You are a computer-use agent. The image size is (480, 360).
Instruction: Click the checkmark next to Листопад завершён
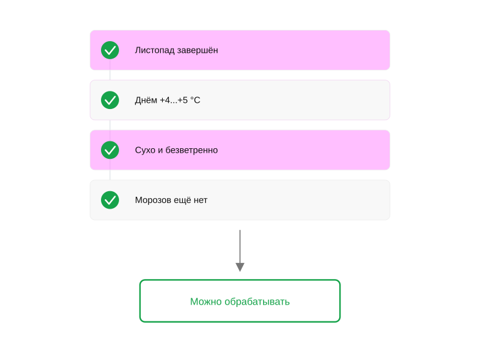coord(110,50)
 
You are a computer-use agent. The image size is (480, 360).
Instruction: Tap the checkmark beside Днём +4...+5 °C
coord(110,100)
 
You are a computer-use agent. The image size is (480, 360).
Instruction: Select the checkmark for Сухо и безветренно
coord(110,150)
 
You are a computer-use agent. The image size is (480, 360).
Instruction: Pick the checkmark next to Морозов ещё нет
coord(110,200)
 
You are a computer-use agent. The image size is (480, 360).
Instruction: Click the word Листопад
coord(155,50)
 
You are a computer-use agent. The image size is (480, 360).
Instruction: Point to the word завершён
coord(198,50)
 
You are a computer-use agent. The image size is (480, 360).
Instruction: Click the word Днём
coord(146,100)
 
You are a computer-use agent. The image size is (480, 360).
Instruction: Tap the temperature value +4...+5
coord(173,100)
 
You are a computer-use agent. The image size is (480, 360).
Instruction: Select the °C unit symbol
coord(195,100)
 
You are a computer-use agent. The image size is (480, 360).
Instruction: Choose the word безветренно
coord(191,150)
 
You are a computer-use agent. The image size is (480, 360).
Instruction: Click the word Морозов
coord(153,200)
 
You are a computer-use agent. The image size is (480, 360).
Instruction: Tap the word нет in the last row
coord(201,201)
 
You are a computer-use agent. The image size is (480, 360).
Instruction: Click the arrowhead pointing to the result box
coord(240,267)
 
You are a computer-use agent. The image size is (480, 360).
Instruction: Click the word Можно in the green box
coord(206,301)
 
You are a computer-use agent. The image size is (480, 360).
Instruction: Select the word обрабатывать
coord(257,301)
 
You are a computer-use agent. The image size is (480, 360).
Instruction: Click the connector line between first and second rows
coord(110,75)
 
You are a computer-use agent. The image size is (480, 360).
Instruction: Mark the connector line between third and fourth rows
coord(110,175)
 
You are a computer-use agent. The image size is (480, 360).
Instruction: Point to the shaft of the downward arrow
coord(240,247)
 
